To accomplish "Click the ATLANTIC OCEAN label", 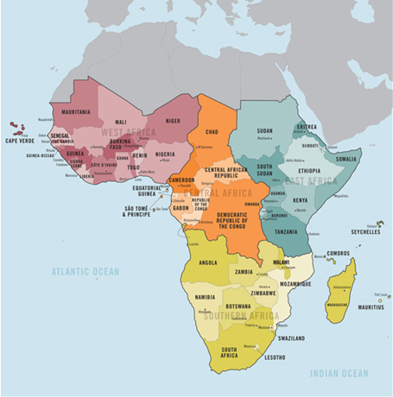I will click(85, 271).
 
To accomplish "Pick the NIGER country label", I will click(172, 121).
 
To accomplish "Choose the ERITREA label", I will click(306, 127).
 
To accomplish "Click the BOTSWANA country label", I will click(237, 306).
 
